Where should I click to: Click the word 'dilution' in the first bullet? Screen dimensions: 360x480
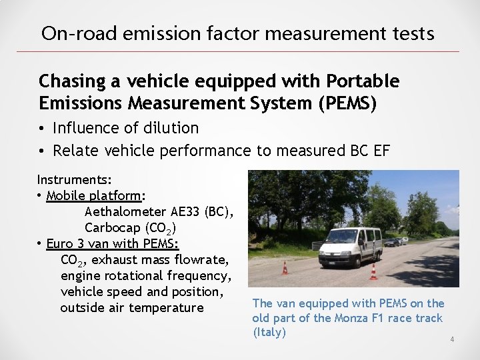click(x=171, y=127)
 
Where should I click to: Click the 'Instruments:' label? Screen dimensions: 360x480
click(x=74, y=179)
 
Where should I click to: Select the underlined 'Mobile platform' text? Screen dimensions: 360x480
click(x=97, y=195)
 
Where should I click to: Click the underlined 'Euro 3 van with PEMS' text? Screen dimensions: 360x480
click(x=113, y=243)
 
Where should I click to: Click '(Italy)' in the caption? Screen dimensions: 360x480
click(x=269, y=332)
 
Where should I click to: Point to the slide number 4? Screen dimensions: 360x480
click(x=452, y=340)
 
